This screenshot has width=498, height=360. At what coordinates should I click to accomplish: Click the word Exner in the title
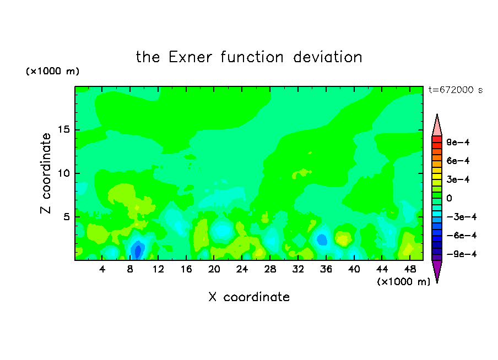tap(190, 57)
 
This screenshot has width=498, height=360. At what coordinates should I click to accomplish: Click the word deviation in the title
tap(327, 57)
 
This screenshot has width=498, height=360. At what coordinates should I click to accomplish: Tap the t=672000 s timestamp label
tap(456, 90)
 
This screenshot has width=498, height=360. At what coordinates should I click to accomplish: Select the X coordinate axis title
tap(249, 297)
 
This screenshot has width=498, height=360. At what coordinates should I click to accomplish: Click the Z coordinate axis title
tap(46, 173)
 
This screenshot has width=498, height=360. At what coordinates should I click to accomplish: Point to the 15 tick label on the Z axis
tap(64, 129)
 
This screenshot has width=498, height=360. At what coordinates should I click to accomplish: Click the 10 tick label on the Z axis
tap(64, 173)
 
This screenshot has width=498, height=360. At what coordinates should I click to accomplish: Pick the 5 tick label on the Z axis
tap(67, 217)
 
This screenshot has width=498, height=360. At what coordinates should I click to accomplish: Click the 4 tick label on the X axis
tap(102, 270)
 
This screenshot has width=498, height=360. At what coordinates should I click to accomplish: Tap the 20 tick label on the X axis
tap(214, 270)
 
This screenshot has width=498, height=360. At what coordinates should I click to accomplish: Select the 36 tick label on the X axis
tap(326, 270)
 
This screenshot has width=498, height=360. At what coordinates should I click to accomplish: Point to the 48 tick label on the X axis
tap(410, 270)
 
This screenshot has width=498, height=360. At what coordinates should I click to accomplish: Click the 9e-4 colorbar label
tap(458, 142)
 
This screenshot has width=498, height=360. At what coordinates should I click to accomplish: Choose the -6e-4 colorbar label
tap(462, 236)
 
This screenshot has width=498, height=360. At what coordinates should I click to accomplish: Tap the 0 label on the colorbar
tap(449, 198)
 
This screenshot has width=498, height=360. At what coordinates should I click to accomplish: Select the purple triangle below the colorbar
tap(437, 270)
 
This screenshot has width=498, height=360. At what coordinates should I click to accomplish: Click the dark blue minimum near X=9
tap(138, 250)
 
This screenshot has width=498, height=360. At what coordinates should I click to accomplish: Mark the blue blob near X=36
tap(322, 239)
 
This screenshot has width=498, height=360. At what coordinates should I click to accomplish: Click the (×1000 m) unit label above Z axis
tap(52, 71)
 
